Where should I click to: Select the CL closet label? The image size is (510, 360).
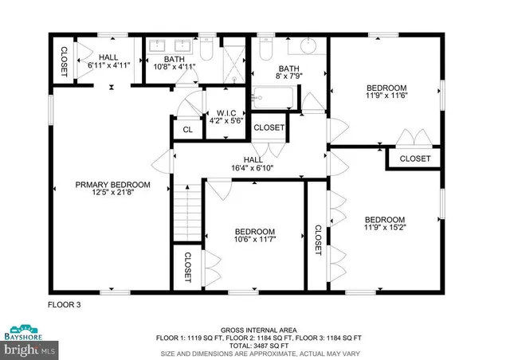click(x=187, y=129)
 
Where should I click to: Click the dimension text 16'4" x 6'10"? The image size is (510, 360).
click(x=253, y=168)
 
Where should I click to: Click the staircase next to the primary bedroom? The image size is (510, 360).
click(x=186, y=211)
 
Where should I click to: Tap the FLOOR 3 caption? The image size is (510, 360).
click(x=64, y=305)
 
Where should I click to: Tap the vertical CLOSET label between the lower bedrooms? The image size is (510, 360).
click(x=317, y=240)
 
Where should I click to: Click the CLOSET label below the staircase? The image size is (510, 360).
click(x=188, y=268)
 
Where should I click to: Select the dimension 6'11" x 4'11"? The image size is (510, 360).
click(x=108, y=67)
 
